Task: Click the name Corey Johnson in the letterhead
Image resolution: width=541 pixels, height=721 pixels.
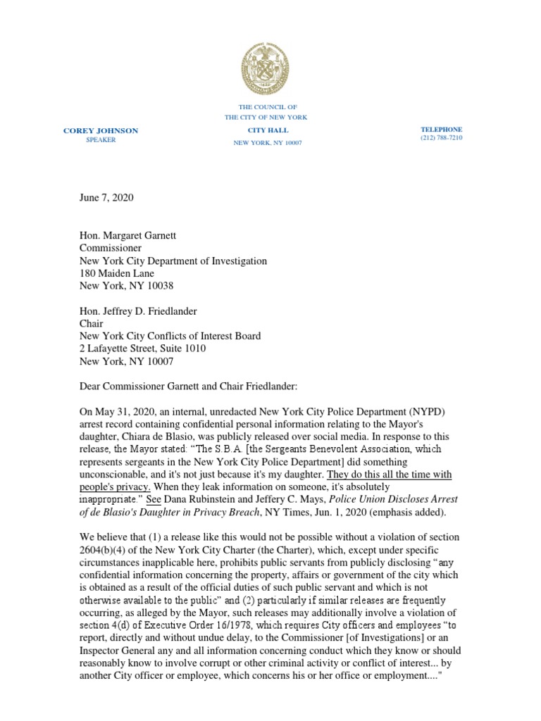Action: pyautogui.click(x=101, y=130)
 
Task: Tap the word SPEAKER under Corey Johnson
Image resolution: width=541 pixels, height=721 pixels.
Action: pyautogui.click(x=101, y=140)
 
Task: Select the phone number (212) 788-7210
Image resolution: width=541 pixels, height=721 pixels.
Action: pyautogui.click(x=442, y=139)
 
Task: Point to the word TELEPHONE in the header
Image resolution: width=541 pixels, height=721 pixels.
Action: pyautogui.click(x=442, y=130)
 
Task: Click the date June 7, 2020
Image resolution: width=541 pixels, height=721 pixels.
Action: pyautogui.click(x=106, y=197)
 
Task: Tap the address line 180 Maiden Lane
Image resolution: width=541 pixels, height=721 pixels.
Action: pyautogui.click(x=116, y=273)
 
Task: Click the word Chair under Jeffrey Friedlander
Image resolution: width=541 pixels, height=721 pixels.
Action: pyautogui.click(x=91, y=324)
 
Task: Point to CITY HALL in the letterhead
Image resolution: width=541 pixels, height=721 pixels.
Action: pyautogui.click(x=268, y=130)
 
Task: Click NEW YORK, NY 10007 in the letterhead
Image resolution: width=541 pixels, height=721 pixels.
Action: pyautogui.click(x=268, y=143)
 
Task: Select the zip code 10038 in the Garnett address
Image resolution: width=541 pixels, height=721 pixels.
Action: pyautogui.click(x=160, y=286)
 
